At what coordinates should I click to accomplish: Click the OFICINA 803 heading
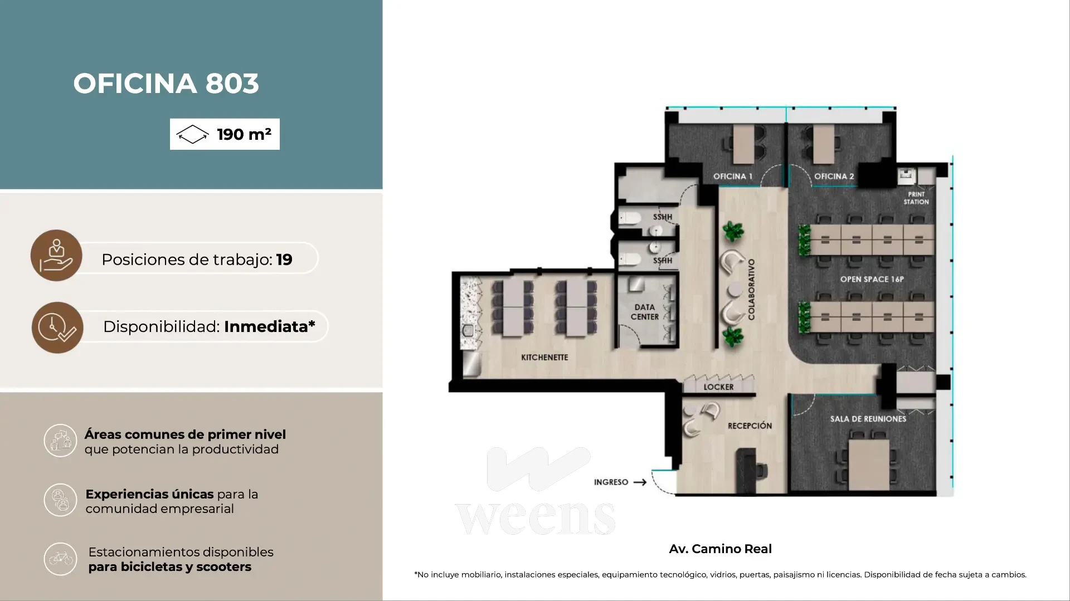(x=166, y=84)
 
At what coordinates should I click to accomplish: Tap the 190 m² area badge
(x=225, y=134)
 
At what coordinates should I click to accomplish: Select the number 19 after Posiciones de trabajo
(x=284, y=260)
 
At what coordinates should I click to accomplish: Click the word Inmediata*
(x=269, y=326)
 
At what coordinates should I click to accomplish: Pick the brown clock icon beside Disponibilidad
(x=57, y=328)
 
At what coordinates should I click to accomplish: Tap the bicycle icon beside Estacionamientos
(x=60, y=559)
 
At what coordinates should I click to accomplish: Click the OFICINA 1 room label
(x=733, y=176)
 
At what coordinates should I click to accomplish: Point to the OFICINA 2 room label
(x=834, y=176)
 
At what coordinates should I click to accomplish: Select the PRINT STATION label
(x=916, y=198)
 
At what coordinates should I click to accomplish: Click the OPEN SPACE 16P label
(x=872, y=279)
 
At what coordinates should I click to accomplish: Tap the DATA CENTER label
(x=645, y=312)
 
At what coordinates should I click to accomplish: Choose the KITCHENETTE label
(x=544, y=357)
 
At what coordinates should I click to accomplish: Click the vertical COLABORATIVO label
(x=751, y=289)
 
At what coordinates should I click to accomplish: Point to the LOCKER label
(x=718, y=387)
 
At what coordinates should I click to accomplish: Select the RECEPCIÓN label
(x=750, y=426)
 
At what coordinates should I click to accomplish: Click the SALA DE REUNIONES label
(x=868, y=419)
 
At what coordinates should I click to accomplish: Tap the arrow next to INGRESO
(x=640, y=482)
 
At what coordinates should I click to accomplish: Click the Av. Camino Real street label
(x=720, y=549)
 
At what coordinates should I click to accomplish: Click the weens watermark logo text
(x=536, y=517)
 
